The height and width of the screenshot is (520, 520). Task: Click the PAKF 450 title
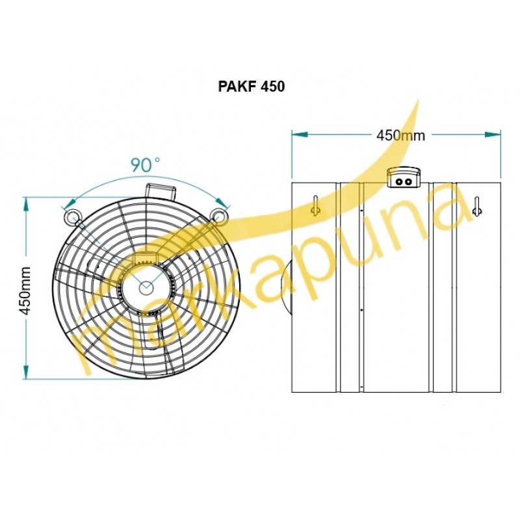pos(252,86)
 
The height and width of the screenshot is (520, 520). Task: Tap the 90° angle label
pos(145,165)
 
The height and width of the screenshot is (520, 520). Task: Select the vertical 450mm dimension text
pos(25,290)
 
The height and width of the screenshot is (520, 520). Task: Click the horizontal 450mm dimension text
pos(400,135)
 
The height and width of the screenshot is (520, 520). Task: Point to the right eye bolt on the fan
pos(219,214)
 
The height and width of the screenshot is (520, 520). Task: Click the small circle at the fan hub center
pos(145,287)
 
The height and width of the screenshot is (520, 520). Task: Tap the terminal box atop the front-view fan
pos(161,190)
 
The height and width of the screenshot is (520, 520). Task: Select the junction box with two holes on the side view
pos(404,177)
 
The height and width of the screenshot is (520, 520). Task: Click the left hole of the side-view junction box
pos(399,182)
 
